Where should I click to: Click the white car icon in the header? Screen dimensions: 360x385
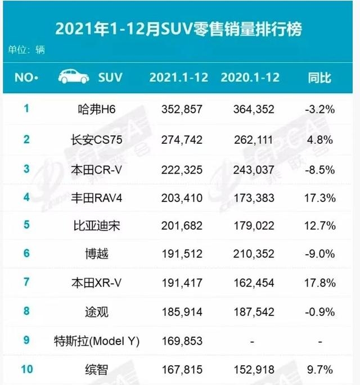[74, 76]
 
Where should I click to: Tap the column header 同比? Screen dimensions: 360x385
[319, 78]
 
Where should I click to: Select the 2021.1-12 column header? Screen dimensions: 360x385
[179, 78]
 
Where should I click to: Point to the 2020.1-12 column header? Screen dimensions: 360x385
[250, 78]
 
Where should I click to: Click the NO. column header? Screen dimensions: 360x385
[26, 78]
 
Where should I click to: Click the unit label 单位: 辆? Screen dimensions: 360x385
[26, 50]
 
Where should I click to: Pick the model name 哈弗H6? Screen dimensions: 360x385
[97, 109]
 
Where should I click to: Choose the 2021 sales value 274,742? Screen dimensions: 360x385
[182, 140]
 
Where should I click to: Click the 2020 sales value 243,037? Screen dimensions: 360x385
[254, 170]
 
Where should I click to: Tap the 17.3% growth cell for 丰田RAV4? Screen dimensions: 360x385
[320, 198]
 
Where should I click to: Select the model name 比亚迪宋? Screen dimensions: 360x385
[97, 225]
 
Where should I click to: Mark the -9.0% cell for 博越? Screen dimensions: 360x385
[320, 253]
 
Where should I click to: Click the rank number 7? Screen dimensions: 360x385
[26, 282]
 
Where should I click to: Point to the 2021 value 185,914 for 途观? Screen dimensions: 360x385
[182, 312]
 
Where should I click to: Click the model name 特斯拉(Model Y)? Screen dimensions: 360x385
[97, 341]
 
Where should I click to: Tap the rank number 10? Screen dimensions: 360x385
[27, 369]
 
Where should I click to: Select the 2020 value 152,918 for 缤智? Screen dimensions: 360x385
[254, 369]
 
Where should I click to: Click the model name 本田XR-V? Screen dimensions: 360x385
[96, 283]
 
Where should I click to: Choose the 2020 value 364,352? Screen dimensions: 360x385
[254, 109]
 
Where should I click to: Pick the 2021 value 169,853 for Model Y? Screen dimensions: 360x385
[182, 341]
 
